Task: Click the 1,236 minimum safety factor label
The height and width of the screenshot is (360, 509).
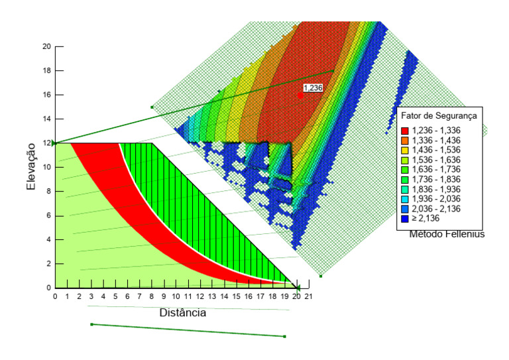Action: pyautogui.click(x=313, y=88)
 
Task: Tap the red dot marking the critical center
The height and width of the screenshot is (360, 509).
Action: pyautogui.click(x=300, y=95)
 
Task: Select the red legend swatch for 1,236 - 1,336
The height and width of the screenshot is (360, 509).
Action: pyautogui.click(x=405, y=131)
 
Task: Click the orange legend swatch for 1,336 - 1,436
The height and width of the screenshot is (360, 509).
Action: pyautogui.click(x=405, y=141)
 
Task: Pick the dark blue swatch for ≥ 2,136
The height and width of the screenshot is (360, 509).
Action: pyautogui.click(x=405, y=219)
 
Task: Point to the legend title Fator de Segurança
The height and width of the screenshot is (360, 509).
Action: pyautogui.click(x=439, y=116)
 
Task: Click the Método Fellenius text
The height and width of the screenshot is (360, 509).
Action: pyautogui.click(x=447, y=234)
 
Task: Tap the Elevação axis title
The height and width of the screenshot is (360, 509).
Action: pyautogui.click(x=31, y=166)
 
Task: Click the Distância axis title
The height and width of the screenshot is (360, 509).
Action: pyautogui.click(x=183, y=313)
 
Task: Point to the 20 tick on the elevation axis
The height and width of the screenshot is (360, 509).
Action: pyautogui.click(x=47, y=46)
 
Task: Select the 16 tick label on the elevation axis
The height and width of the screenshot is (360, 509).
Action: pyautogui.click(x=47, y=95)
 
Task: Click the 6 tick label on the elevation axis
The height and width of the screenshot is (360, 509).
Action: pyautogui.click(x=48, y=215)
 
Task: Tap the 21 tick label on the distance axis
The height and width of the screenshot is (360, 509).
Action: pyautogui.click(x=308, y=296)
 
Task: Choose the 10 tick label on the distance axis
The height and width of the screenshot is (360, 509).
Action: pyautogui.click(x=176, y=296)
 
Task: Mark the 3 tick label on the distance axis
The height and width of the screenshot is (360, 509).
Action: pyautogui.click(x=91, y=296)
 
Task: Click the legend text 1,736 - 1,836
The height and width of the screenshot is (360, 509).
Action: pyautogui.click(x=436, y=180)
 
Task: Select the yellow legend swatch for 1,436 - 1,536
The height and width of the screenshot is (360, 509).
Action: pyautogui.click(x=405, y=150)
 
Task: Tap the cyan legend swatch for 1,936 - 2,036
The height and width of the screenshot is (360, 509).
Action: pyautogui.click(x=405, y=199)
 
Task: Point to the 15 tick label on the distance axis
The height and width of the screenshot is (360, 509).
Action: pyautogui.click(x=236, y=296)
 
